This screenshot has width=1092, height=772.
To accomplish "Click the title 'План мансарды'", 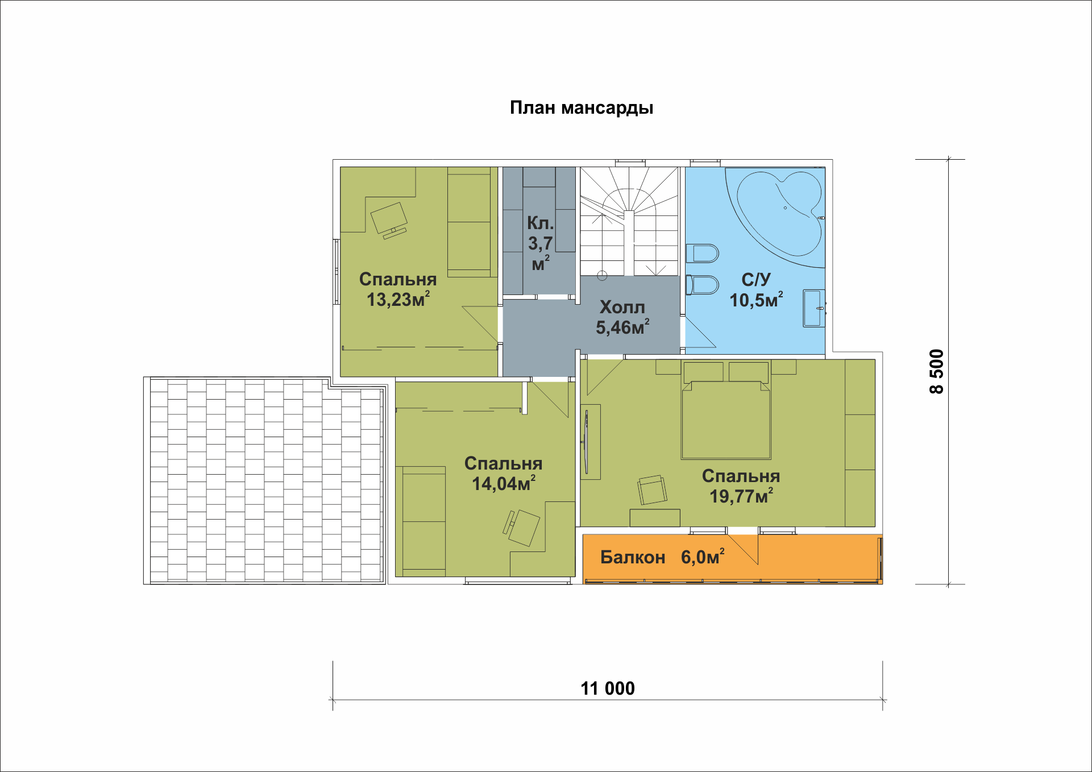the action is [x=581, y=108].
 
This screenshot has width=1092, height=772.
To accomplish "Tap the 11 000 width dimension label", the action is [x=608, y=688].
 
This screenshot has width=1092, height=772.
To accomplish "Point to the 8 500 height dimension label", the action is [x=936, y=371].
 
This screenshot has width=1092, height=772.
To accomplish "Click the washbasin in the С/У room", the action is [x=814, y=309].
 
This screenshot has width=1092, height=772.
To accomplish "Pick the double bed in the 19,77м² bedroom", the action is [x=726, y=410].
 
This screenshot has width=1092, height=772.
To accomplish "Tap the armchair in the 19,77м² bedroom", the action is [x=652, y=489].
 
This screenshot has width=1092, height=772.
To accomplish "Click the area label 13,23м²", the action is [x=398, y=299].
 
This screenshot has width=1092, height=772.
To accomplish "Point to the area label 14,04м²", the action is [x=504, y=483].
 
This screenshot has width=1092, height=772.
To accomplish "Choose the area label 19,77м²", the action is [x=741, y=496].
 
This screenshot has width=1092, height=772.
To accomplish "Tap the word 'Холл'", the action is [x=622, y=308].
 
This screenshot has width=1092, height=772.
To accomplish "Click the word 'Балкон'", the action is [x=633, y=557].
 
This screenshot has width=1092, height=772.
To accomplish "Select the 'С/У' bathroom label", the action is [x=756, y=279].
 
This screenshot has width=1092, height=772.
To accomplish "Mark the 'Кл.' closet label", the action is [x=540, y=223].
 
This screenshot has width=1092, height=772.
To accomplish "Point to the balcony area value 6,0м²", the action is [x=703, y=557].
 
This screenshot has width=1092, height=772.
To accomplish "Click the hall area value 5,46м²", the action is [x=622, y=327].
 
